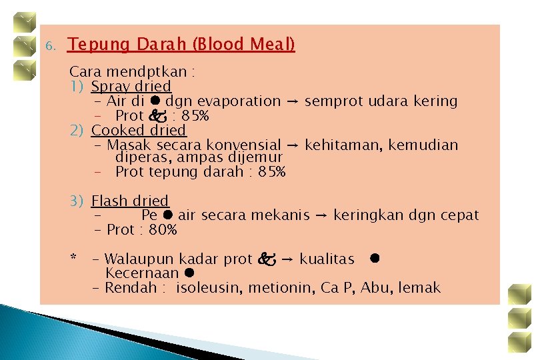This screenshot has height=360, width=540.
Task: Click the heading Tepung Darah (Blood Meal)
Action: point(181,45)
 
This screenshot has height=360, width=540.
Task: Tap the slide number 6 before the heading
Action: point(48,47)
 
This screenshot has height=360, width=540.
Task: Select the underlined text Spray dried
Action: point(131,87)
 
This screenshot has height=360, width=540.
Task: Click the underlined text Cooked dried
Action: point(139,131)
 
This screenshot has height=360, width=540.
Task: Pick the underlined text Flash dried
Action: point(130,201)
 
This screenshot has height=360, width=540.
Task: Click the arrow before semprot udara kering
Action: point(293,102)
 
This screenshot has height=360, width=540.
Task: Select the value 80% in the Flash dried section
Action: point(163,230)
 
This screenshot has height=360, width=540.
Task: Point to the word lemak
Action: point(421,288)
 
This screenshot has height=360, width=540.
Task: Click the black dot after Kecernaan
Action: point(189,273)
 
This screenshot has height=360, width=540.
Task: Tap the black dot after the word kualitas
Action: point(375,258)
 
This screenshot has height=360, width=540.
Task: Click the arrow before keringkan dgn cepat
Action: point(321,216)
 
